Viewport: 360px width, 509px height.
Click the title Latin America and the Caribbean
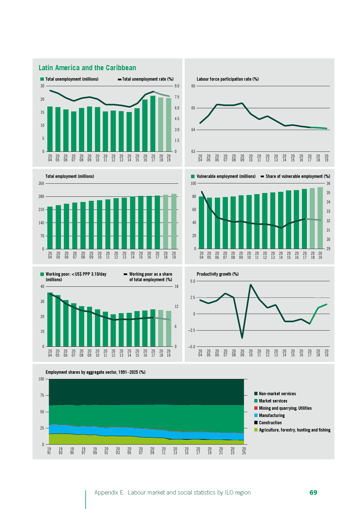click(x=87, y=68)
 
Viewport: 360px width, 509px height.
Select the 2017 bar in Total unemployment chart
click(x=153, y=124)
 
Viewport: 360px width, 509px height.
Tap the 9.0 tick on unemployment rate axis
click(x=177, y=86)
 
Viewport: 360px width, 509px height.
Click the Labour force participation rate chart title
click(x=228, y=79)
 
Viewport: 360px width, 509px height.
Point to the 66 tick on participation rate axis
click(x=193, y=86)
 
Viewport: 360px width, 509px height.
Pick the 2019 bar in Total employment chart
click(x=174, y=221)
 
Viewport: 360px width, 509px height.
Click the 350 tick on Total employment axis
click(x=41, y=184)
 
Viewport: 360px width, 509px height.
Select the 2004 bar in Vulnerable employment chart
click(x=201, y=223)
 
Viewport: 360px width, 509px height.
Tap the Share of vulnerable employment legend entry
click(x=296, y=176)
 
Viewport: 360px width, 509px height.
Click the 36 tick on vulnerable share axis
click(x=328, y=184)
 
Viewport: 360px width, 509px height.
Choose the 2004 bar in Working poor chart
click(x=50, y=320)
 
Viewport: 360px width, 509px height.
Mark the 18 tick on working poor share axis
click(x=176, y=287)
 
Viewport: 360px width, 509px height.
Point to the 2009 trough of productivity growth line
click(x=242, y=338)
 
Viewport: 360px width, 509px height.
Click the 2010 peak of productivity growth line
click(x=251, y=285)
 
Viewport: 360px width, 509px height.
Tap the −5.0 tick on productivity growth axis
click(x=192, y=347)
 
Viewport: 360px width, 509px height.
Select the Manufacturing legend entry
click(x=272, y=416)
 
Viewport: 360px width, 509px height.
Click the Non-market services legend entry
click(x=277, y=394)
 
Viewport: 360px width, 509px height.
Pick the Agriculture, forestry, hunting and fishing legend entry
click(x=294, y=430)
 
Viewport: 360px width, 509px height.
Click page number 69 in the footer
click(x=313, y=492)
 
